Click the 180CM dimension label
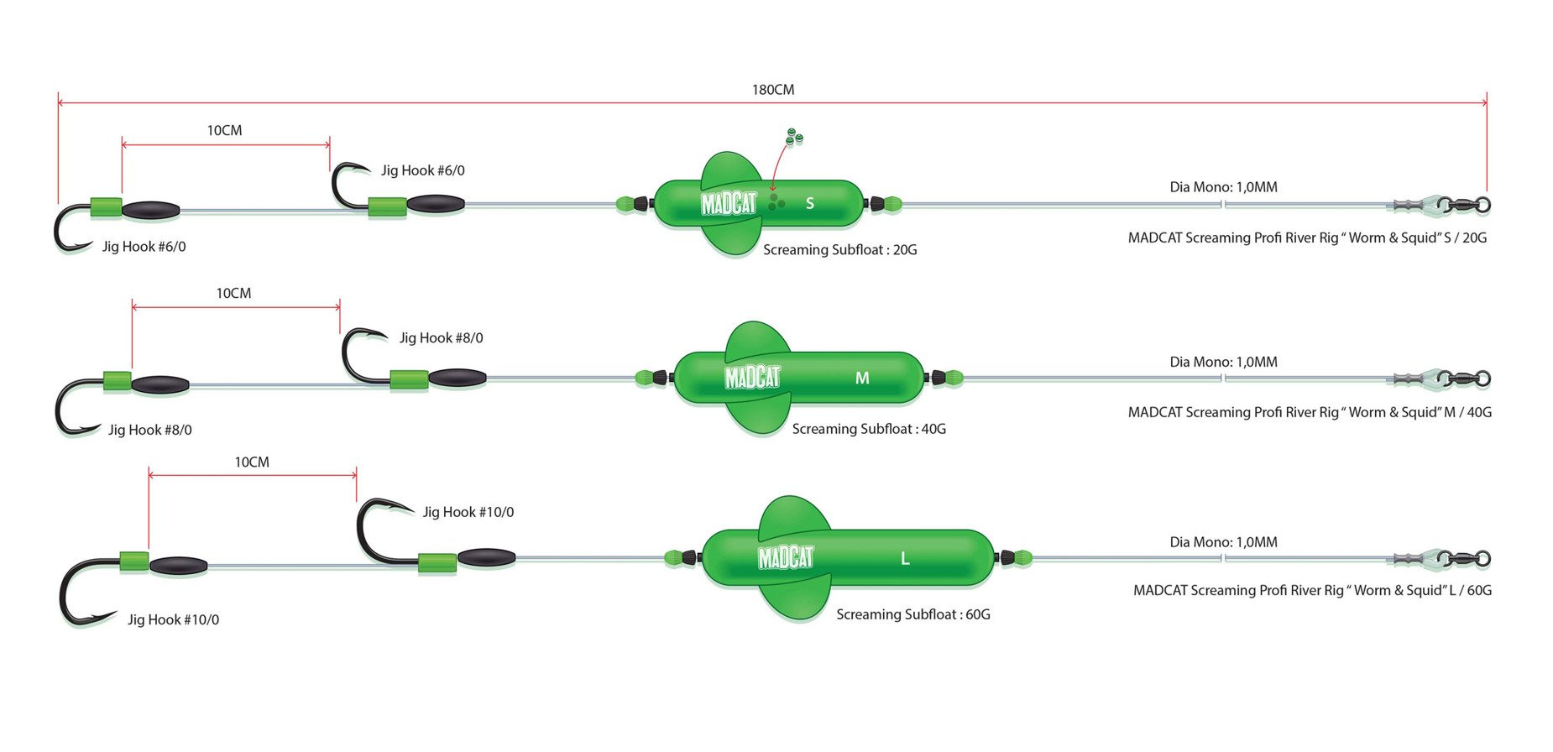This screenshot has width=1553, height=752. point(772,90)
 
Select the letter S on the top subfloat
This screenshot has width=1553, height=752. point(809,203)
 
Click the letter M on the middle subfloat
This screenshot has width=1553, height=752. point(862,379)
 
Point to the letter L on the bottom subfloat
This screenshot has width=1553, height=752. point(905,559)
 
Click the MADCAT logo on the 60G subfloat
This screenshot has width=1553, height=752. point(786,558)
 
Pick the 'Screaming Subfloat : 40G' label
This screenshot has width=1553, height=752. point(869,429)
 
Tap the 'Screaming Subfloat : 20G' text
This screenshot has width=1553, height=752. point(839,250)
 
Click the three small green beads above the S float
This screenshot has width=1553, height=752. point(793,136)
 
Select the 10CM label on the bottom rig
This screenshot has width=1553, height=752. point(252,462)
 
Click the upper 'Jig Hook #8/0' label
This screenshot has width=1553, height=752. point(441,338)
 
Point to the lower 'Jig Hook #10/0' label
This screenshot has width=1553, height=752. point(173,620)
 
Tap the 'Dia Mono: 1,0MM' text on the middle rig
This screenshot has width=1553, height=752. point(1223,363)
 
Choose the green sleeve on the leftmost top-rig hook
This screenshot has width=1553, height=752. point(107,207)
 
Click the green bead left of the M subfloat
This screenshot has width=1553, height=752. point(645,378)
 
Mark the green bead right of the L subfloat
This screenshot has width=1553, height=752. point(1022,557)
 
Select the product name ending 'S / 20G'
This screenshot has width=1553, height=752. point(1307,238)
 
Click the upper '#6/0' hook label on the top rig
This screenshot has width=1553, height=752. point(422,170)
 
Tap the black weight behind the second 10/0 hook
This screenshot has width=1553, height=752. point(486,557)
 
